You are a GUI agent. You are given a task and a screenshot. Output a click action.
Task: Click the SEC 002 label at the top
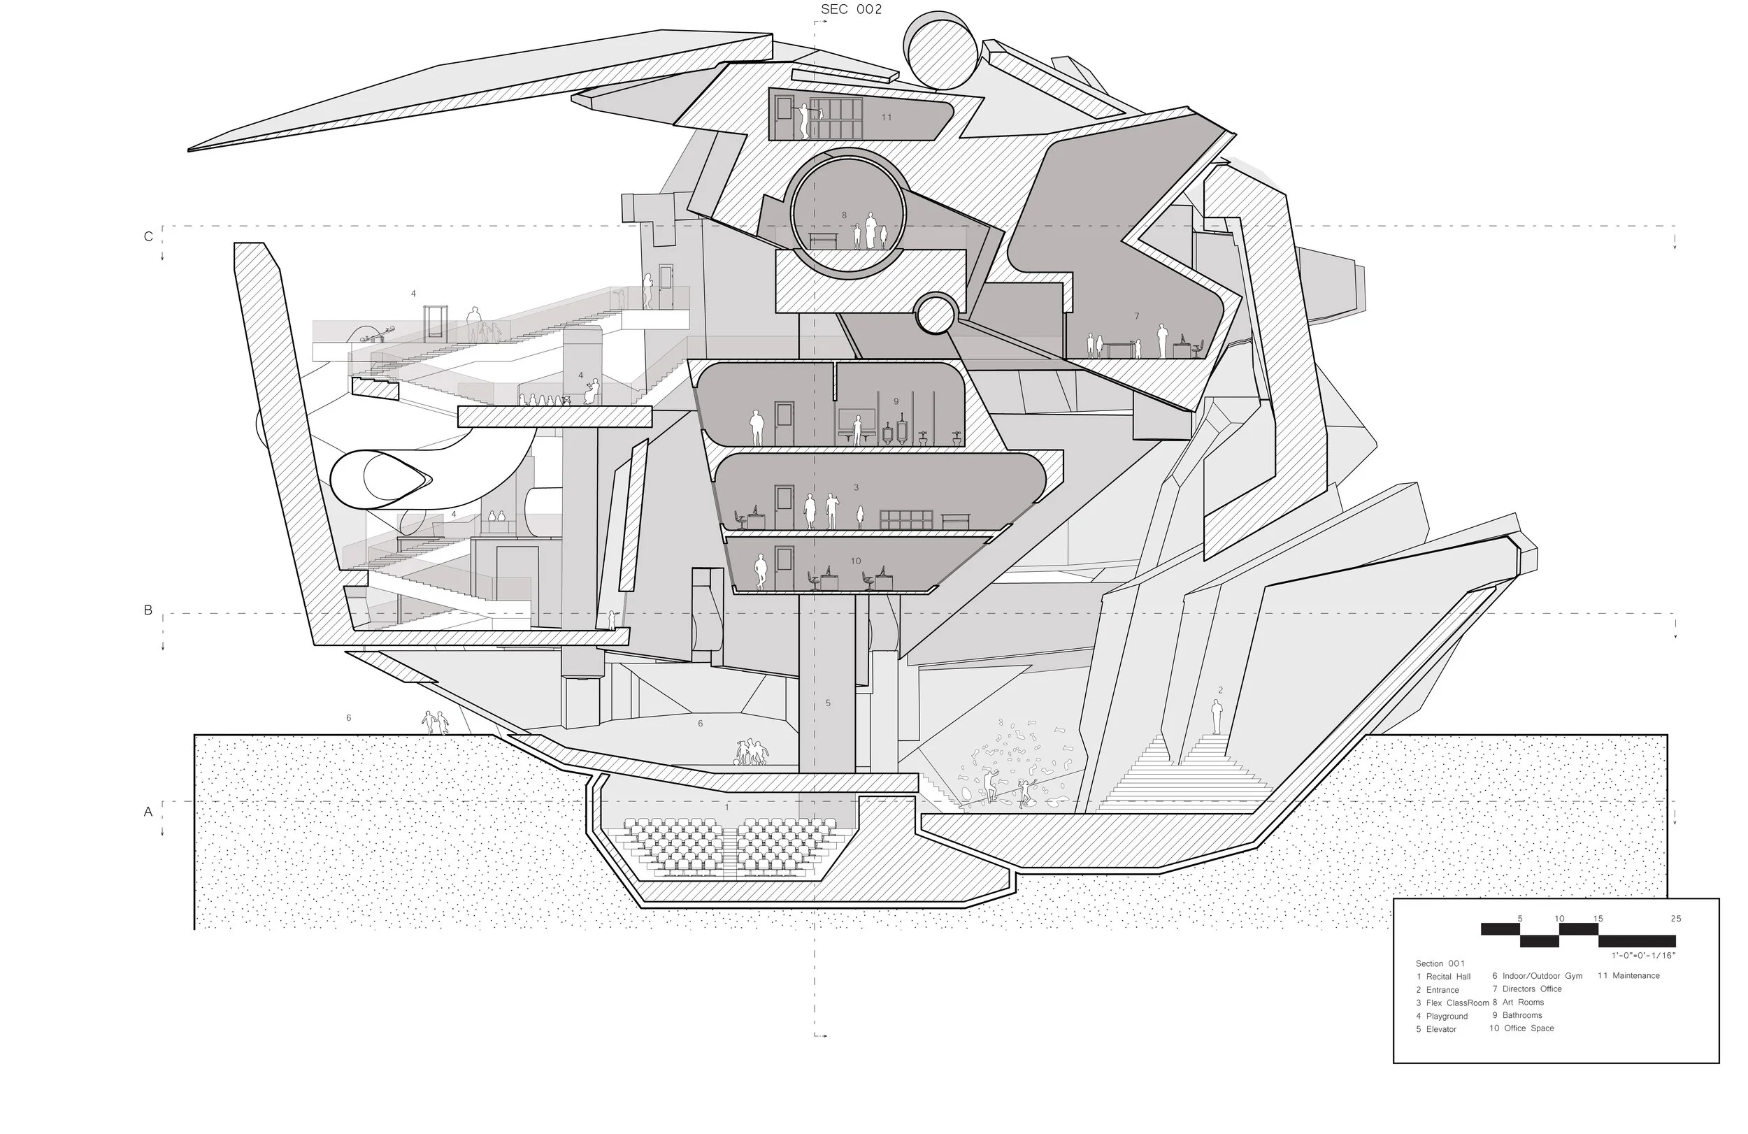[850, 10]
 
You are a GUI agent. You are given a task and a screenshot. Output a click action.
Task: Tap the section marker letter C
[148, 236]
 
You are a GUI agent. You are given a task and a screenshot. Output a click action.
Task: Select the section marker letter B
[148, 610]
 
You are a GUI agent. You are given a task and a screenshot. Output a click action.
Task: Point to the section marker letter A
[148, 812]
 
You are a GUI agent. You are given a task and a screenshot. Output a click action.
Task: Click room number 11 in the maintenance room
[887, 117]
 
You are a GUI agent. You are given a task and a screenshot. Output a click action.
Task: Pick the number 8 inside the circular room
[844, 215]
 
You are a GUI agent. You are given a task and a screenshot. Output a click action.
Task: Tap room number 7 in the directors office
[1136, 316]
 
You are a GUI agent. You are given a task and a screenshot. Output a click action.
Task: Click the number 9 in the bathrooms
[896, 402]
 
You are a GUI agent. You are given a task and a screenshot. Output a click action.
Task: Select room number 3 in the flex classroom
[856, 487]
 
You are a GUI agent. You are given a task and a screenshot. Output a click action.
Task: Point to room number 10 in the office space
[856, 561]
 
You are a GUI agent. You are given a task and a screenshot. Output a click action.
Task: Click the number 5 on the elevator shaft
[828, 703]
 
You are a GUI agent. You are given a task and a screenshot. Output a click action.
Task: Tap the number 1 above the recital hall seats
[727, 808]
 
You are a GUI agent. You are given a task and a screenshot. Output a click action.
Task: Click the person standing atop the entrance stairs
[1217, 716]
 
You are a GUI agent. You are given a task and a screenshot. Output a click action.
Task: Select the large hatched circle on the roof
[943, 50]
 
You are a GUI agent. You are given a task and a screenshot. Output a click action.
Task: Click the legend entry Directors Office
[1531, 989]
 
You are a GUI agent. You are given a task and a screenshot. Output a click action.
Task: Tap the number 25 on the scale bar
[1675, 919]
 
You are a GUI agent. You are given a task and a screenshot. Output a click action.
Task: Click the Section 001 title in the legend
[1440, 963]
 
